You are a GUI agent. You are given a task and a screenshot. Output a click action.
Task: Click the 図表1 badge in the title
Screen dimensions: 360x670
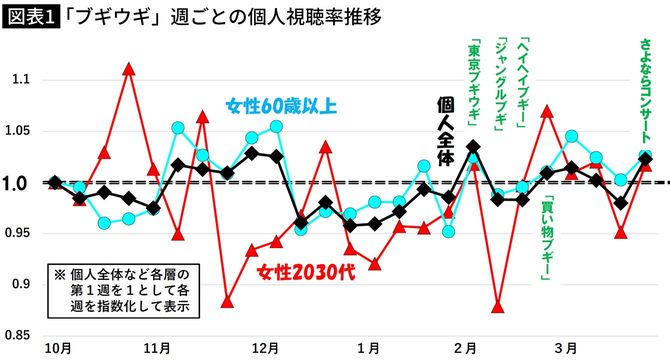tap(31, 17)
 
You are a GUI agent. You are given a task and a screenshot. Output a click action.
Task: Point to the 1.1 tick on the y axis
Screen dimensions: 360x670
tap(22, 79)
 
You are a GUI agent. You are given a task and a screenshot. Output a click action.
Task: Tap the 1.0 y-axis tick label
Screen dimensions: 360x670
tap(22, 183)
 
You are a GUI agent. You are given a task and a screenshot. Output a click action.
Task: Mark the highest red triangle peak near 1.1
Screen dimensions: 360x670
tap(129, 69)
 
